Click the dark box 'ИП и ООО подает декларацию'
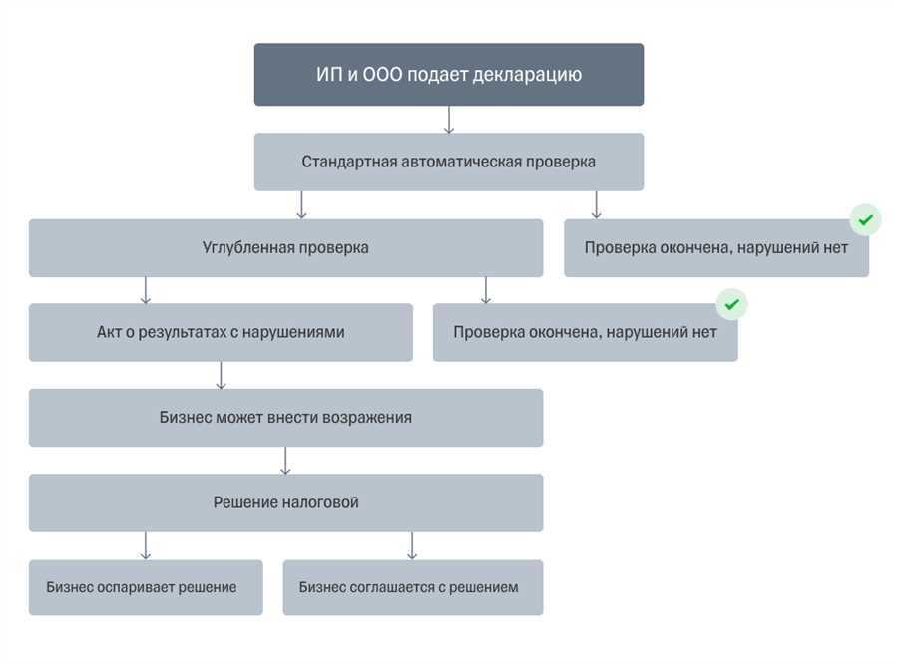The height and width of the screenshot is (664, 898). click(449, 75)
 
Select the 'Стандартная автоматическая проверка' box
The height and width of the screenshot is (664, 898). click(449, 162)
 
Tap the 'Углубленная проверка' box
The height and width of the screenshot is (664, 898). click(285, 248)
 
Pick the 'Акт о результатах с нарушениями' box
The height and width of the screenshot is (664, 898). click(221, 332)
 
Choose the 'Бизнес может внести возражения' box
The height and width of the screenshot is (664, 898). click(285, 418)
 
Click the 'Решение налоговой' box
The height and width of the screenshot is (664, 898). click(285, 502)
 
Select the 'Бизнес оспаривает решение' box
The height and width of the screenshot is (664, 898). click(146, 587)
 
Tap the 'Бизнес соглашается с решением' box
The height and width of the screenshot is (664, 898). click(413, 587)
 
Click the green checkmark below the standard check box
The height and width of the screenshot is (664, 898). click(865, 219)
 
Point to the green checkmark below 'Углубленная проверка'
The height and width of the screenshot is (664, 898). click(732, 304)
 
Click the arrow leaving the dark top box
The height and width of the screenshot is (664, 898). click(449, 120)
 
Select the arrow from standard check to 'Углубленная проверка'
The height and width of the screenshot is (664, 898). click(301, 205)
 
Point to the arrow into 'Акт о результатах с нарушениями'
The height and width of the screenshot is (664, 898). click(146, 290)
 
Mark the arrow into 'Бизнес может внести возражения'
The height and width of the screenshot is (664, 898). click(222, 375)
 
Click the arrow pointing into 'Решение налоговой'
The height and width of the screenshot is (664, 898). click(285, 461)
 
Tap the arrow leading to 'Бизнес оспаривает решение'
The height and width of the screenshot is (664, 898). click(146, 545)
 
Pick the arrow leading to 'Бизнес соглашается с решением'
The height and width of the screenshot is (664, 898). click(412, 545)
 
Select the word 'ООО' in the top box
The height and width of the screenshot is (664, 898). click(382, 74)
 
